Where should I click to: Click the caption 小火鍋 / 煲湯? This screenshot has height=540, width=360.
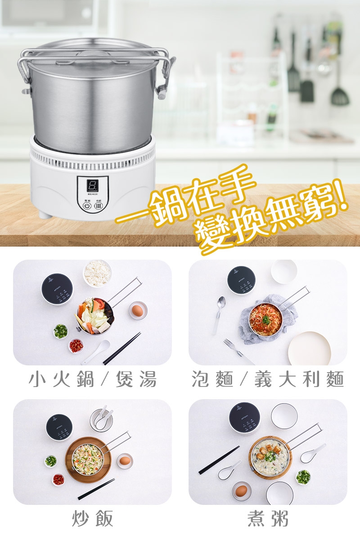pyautogui.click(x=93, y=379)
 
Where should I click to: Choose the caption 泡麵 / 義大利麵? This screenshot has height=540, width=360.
pyautogui.click(x=267, y=379)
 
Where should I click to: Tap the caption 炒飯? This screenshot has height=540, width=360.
pyautogui.click(x=93, y=519)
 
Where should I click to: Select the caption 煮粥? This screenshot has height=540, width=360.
pyautogui.click(x=267, y=519)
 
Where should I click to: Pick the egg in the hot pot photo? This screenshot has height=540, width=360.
pyautogui.click(x=138, y=310)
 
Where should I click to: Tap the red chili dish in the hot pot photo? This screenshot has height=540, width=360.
pyautogui.click(x=76, y=346)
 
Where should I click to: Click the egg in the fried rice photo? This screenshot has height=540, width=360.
pyautogui.click(x=125, y=461)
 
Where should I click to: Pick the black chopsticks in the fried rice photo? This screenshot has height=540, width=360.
pyautogui.click(x=96, y=489)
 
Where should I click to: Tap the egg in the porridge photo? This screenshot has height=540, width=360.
pyautogui.click(x=242, y=490)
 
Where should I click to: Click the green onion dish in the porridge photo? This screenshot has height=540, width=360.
pyautogui.click(x=303, y=477)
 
